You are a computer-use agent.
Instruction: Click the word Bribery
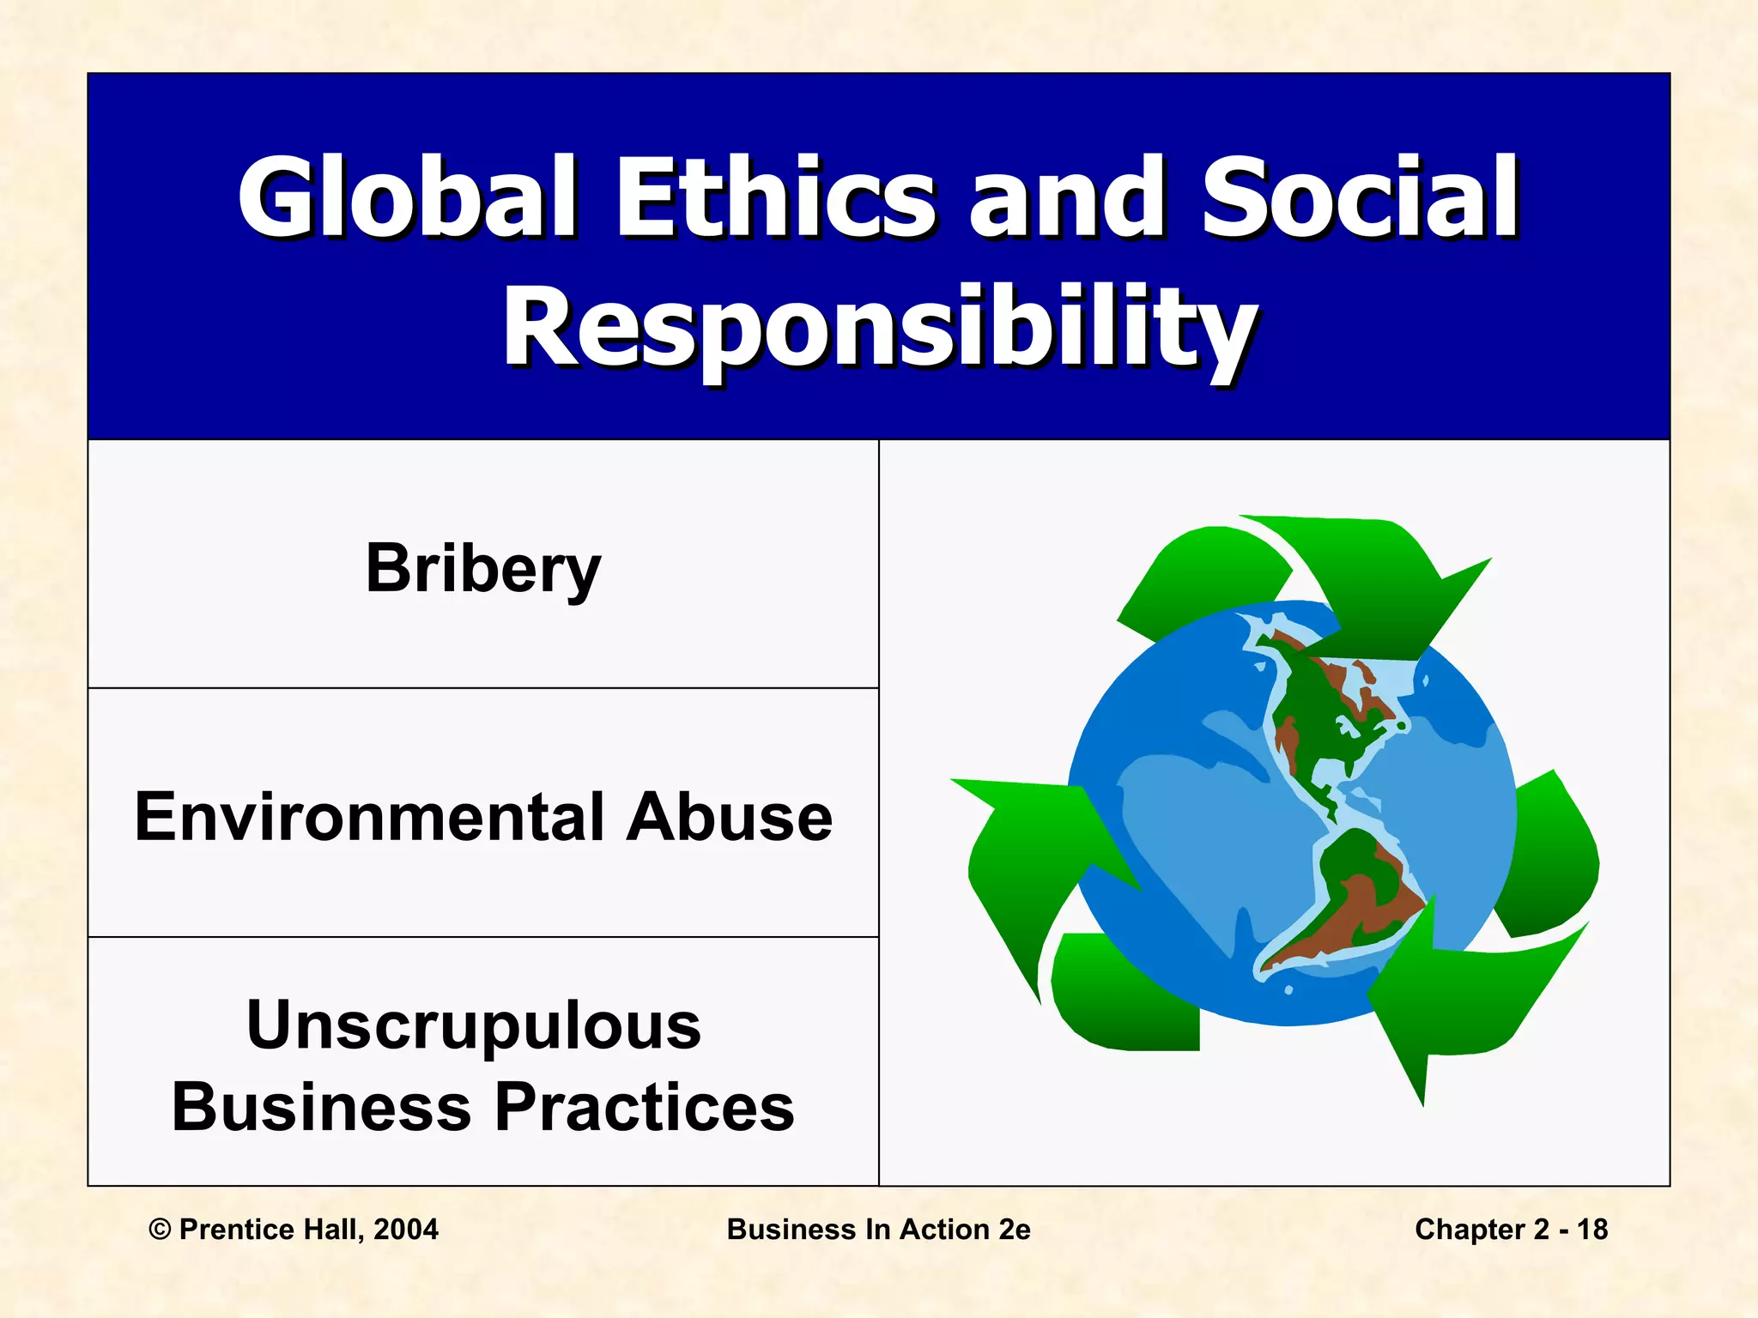pyautogui.click(x=483, y=569)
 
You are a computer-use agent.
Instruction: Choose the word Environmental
pyautogui.click(x=369, y=817)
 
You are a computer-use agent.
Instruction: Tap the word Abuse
pyautogui.click(x=729, y=817)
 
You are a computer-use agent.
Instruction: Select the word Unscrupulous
pyautogui.click(x=474, y=1025)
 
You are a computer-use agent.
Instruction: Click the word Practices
pyautogui.click(x=645, y=1107)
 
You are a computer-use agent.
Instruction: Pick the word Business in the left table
pyautogui.click(x=321, y=1107)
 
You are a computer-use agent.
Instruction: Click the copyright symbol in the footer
pyautogui.click(x=160, y=1230)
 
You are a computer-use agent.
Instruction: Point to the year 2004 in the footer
pyautogui.click(x=406, y=1230)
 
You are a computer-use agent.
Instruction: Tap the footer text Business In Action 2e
pyautogui.click(x=878, y=1230)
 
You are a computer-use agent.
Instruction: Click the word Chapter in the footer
pyautogui.click(x=1471, y=1230)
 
